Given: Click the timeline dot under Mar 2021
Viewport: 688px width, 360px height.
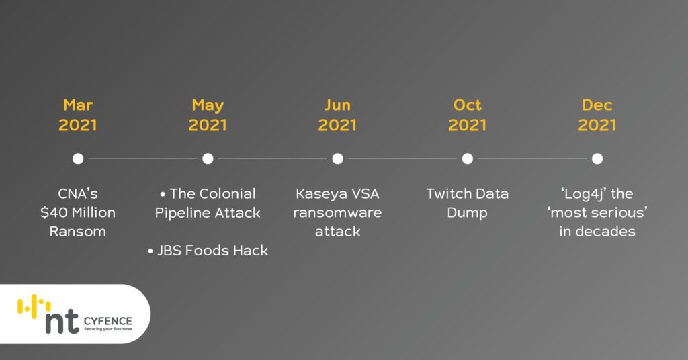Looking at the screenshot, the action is click(x=78, y=159).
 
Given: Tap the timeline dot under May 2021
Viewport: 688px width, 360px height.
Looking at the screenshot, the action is click(x=208, y=159).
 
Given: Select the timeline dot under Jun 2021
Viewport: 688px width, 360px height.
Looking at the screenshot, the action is click(x=337, y=159).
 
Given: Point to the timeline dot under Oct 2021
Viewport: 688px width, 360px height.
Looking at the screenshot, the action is click(x=468, y=159).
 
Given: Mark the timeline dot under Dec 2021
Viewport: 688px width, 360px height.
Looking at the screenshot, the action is click(x=597, y=159).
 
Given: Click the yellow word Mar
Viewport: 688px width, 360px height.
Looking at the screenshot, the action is click(x=78, y=105).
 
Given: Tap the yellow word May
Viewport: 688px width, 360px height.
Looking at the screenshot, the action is click(x=208, y=105).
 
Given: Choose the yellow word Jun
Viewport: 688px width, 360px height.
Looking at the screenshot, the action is click(x=337, y=105).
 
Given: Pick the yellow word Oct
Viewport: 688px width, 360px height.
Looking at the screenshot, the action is click(x=468, y=105).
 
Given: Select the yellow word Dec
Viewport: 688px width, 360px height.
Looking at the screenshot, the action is click(x=597, y=105).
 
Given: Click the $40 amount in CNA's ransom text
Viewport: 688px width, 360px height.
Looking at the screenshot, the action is click(x=50, y=213).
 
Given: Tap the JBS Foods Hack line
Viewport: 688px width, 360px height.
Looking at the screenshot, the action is click(x=208, y=251).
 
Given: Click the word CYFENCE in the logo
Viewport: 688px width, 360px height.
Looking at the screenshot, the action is click(x=108, y=322).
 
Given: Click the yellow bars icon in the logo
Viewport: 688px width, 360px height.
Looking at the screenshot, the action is click(x=34, y=305).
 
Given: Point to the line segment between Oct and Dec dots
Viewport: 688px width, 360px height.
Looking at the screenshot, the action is click(x=532, y=159).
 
